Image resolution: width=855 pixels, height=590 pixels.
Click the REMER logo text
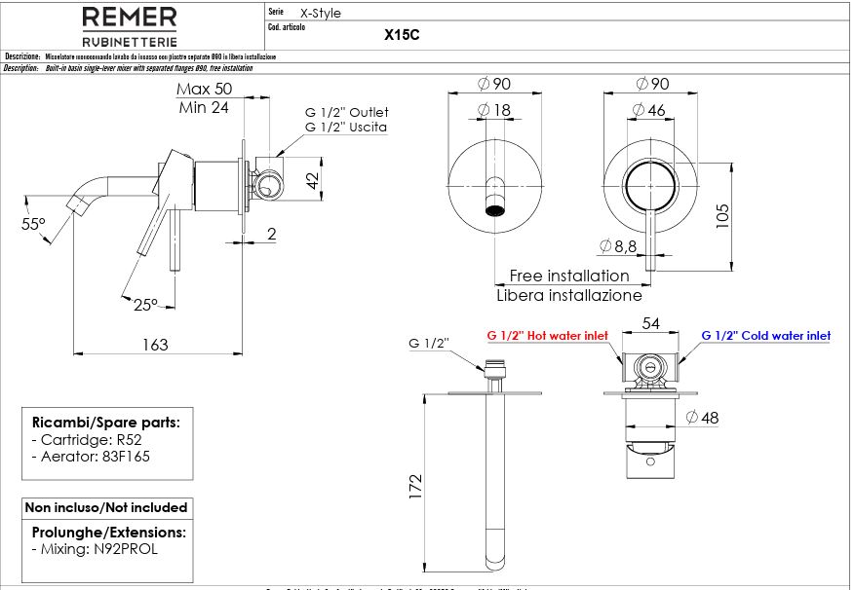click(x=129, y=18)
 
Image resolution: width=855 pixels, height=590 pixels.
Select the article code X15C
click(x=402, y=34)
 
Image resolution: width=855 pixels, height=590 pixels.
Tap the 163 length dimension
click(x=155, y=344)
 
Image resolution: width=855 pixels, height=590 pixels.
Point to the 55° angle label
click(x=34, y=224)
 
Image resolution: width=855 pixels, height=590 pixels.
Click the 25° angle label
click(x=145, y=304)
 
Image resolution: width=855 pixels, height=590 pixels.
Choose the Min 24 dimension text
click(x=204, y=107)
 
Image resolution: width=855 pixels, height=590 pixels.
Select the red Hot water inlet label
click(x=547, y=336)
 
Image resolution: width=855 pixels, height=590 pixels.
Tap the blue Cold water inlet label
click(x=766, y=336)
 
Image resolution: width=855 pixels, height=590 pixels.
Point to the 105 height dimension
click(x=722, y=214)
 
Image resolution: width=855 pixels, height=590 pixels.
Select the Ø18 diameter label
click(x=495, y=111)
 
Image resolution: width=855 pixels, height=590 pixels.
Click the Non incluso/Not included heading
click(x=106, y=507)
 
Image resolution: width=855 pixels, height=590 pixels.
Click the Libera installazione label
click(x=569, y=295)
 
